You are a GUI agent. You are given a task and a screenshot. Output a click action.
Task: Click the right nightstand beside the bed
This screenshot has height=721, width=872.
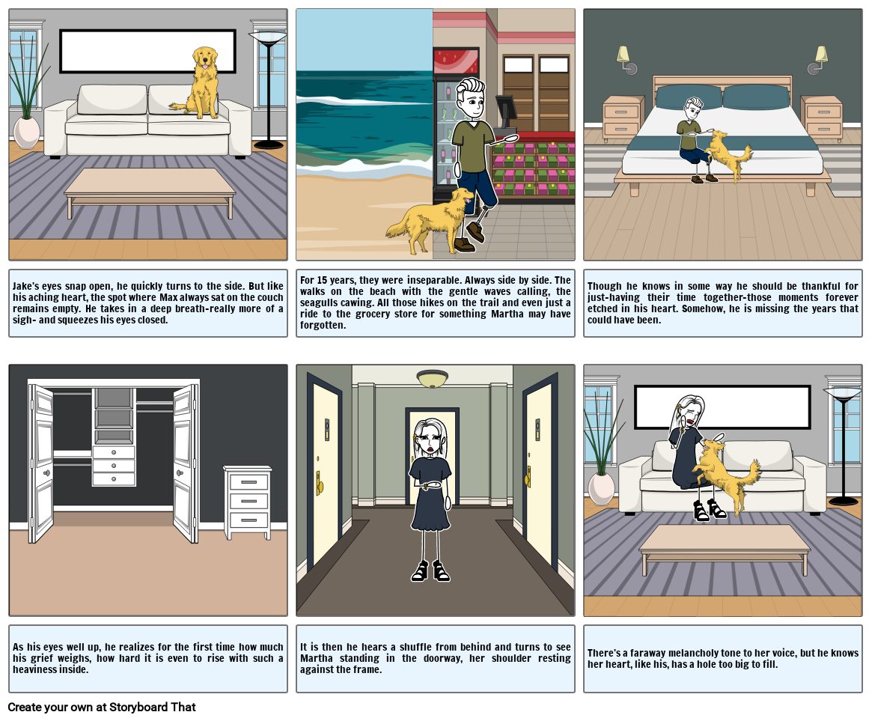pyautogui.click(x=822, y=118)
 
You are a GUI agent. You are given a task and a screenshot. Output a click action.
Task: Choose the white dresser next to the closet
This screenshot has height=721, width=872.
pyautogui.click(x=248, y=502)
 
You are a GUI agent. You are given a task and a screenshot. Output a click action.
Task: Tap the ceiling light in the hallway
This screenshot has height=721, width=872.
pyautogui.click(x=433, y=378)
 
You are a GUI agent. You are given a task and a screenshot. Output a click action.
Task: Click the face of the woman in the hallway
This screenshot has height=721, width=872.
pyautogui.click(x=430, y=436)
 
